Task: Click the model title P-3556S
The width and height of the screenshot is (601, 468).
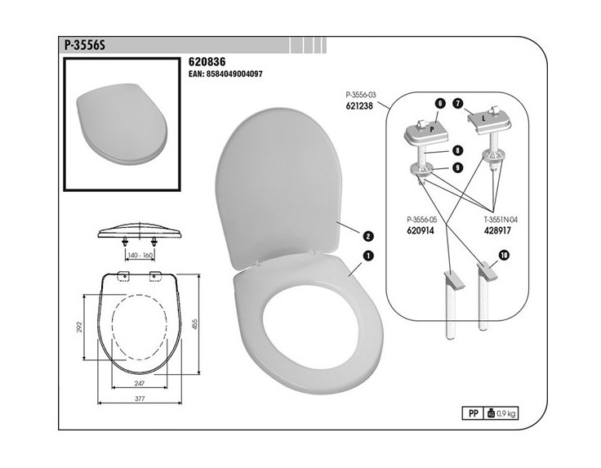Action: (x=84, y=45)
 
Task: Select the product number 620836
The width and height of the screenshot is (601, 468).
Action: (x=207, y=62)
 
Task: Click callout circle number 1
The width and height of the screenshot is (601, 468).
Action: (x=368, y=256)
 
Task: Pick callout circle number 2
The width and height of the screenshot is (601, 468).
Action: (x=368, y=236)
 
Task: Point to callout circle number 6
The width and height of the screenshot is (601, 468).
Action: (x=440, y=104)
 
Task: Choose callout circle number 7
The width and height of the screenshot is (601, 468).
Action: (x=457, y=104)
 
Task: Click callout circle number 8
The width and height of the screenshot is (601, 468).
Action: (x=457, y=150)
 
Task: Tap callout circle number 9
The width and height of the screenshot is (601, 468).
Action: (x=457, y=167)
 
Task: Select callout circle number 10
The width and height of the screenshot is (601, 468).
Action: (x=505, y=256)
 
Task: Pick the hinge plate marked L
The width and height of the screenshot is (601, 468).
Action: (x=490, y=120)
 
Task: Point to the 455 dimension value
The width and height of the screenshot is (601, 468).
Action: (x=194, y=325)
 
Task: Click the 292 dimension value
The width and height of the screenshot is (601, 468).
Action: (x=80, y=327)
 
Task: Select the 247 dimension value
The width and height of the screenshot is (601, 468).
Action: (x=140, y=383)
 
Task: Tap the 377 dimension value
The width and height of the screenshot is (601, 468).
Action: (x=140, y=399)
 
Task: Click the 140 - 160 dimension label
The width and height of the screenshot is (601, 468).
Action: (x=140, y=255)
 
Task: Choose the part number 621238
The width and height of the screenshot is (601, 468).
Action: (x=359, y=106)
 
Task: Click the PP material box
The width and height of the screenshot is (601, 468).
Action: (x=474, y=413)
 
